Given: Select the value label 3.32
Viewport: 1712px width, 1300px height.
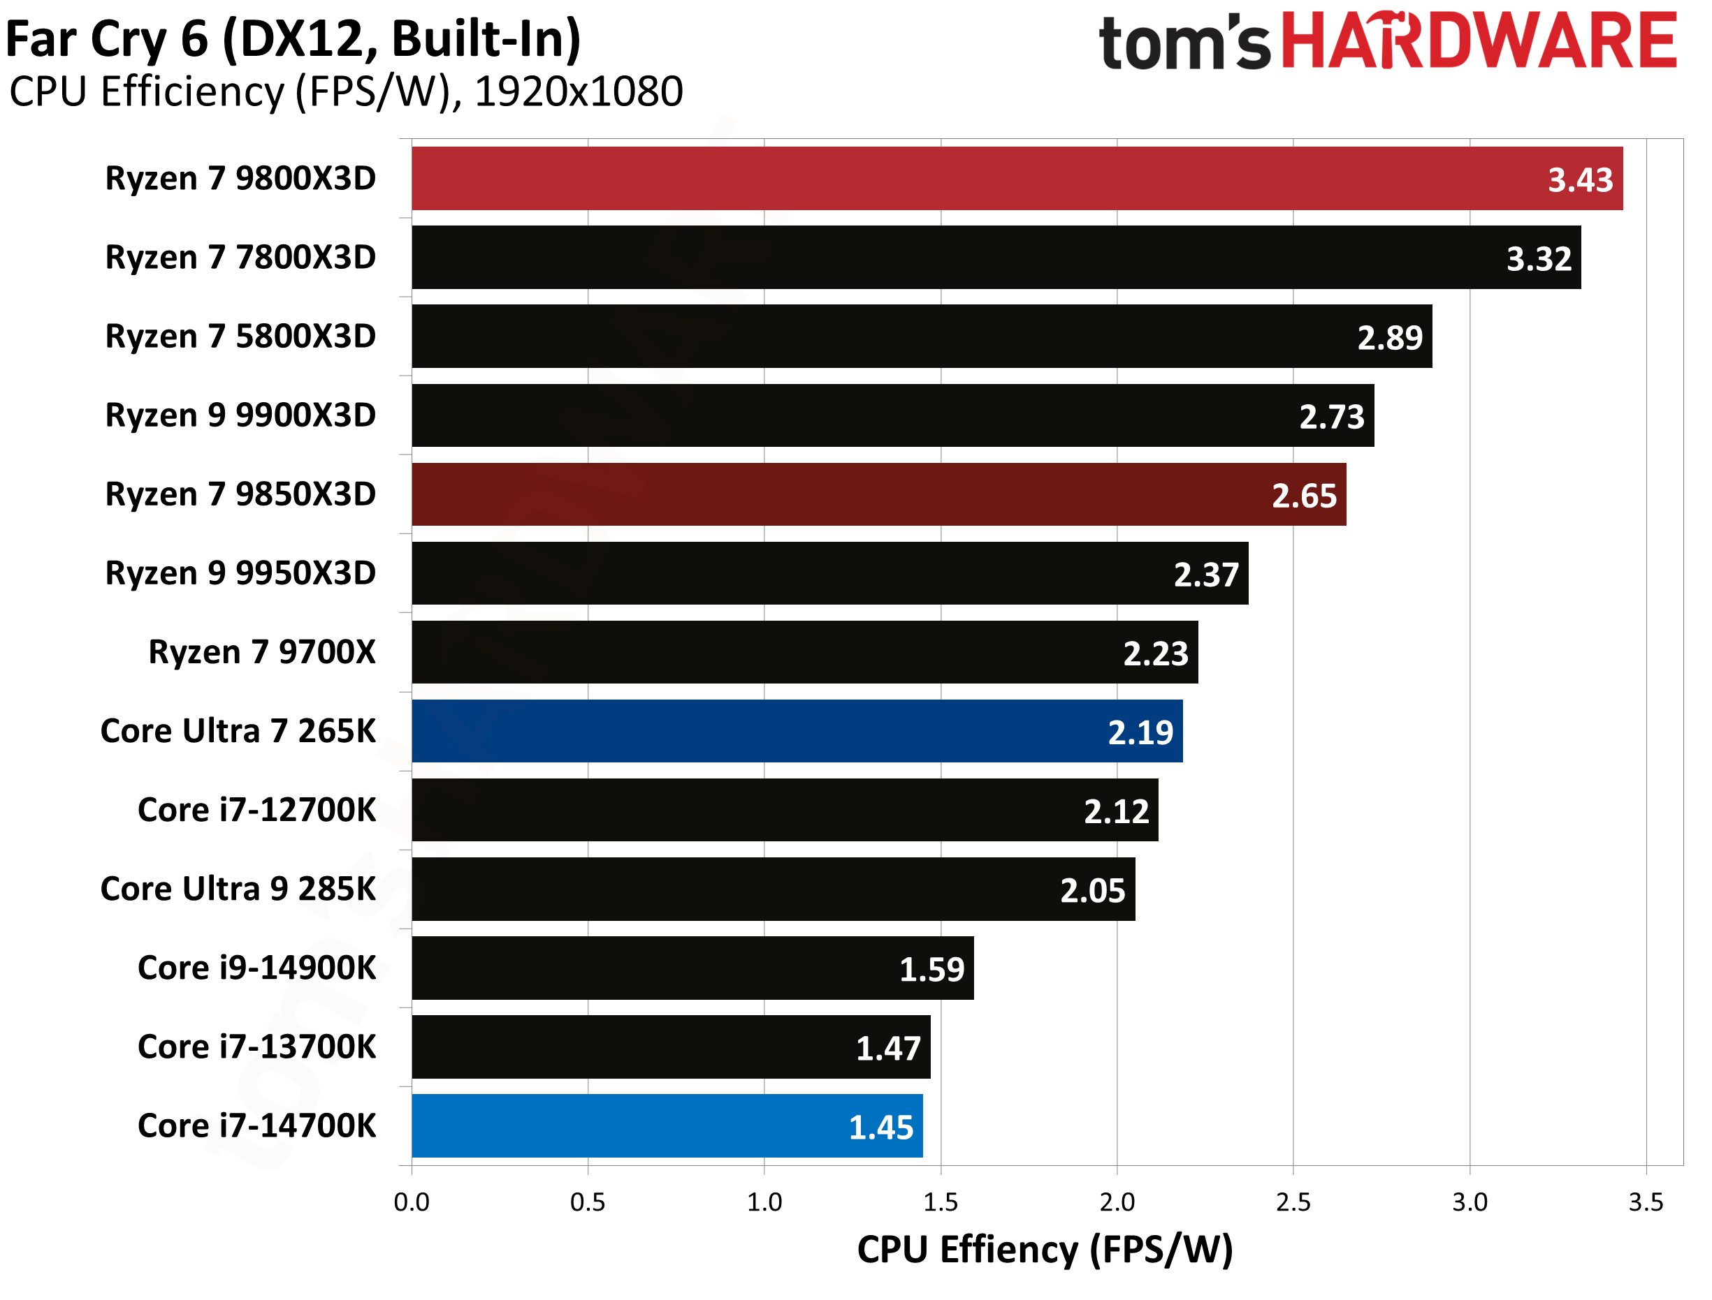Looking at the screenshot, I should pyautogui.click(x=1538, y=259).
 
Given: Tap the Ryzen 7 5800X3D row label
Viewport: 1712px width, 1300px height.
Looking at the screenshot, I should pyautogui.click(x=240, y=337).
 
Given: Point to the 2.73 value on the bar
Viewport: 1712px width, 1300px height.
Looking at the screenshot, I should pyautogui.click(x=1331, y=417).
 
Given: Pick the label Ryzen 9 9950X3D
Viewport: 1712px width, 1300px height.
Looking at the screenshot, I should pyautogui.click(x=240, y=573).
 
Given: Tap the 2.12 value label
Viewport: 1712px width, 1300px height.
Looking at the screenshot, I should pyautogui.click(x=1116, y=812).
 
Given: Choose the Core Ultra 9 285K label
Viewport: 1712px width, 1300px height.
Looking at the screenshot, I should pyautogui.click(x=238, y=889).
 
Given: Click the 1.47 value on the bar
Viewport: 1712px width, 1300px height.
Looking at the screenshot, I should pyautogui.click(x=887, y=1049).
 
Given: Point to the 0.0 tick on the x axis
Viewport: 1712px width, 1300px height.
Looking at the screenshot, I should pyautogui.click(x=411, y=1202).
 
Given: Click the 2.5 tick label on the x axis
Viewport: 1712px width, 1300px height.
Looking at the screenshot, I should pyautogui.click(x=1293, y=1202).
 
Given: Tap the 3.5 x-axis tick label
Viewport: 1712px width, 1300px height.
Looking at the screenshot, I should pyautogui.click(x=1646, y=1202).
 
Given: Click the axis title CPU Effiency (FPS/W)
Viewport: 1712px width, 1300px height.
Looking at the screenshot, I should pyautogui.click(x=1045, y=1250).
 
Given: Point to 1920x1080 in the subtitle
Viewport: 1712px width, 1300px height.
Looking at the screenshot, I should pyautogui.click(x=579, y=91).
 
